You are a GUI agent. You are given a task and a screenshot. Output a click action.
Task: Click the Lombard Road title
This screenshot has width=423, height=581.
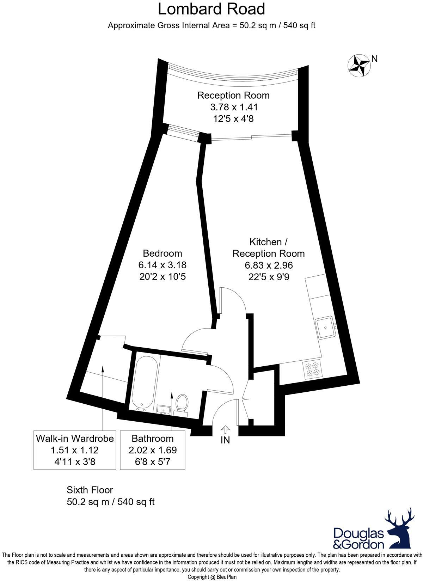pos(211,9)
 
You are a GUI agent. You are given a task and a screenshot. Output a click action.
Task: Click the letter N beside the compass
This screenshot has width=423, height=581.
pos(375,59)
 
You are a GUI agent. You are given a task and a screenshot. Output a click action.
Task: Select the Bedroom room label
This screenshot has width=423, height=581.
pos(162,253)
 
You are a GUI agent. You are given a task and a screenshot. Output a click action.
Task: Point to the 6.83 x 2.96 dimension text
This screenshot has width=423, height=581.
pos(268,265)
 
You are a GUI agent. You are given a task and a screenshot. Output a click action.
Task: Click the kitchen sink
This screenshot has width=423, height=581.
pos(326,328)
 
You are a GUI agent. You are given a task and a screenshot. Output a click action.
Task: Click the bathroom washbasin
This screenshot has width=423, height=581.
pos(164,409)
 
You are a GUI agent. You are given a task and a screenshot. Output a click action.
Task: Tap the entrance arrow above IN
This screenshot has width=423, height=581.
pos(225,429)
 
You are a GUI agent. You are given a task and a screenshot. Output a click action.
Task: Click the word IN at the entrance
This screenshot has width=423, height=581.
pos(225,440)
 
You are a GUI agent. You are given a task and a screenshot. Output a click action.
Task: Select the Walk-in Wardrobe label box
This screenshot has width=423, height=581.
pos(75,450)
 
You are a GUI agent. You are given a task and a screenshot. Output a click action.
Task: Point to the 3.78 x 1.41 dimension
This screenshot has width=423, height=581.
pos(233,107)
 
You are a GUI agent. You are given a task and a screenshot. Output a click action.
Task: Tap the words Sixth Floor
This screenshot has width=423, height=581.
pos(90,490)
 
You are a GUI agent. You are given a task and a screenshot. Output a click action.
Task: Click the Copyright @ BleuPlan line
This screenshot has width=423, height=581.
pos(212,577)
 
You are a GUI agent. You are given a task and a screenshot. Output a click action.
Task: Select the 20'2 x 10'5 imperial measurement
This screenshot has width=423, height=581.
pos(162,276)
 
